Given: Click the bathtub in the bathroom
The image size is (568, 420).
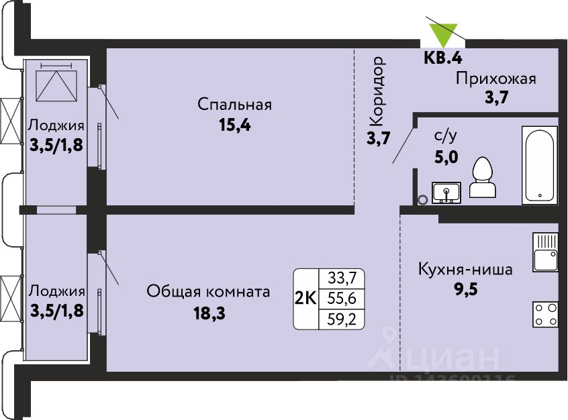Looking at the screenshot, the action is pos(539,166).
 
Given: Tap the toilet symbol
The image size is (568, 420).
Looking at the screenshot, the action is pos(483,177).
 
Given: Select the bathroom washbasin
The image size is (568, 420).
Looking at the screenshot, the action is pos(446,193).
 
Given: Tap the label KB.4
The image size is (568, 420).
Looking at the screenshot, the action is pos(443,58).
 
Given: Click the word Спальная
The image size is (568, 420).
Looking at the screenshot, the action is pos(235,105).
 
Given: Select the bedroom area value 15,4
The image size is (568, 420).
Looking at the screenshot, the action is pos(235,125).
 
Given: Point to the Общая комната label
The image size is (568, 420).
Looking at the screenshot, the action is pos(208,291).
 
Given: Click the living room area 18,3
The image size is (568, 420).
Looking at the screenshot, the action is pos(209,313).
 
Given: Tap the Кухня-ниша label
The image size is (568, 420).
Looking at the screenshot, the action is pos(465,270).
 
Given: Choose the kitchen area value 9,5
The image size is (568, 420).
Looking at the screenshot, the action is pos(466,289).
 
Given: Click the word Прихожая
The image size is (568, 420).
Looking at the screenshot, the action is pos(496,78).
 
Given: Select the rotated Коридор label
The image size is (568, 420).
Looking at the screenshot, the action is pos(377,91).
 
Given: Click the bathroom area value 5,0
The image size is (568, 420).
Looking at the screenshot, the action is pos(446,157).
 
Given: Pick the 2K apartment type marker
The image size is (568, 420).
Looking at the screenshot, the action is pos(306,299).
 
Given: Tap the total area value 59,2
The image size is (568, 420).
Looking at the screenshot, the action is pos(342,319).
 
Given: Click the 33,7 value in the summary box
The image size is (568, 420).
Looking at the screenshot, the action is pos(342,278).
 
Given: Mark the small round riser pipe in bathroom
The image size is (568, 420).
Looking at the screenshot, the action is pos(422,199).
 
